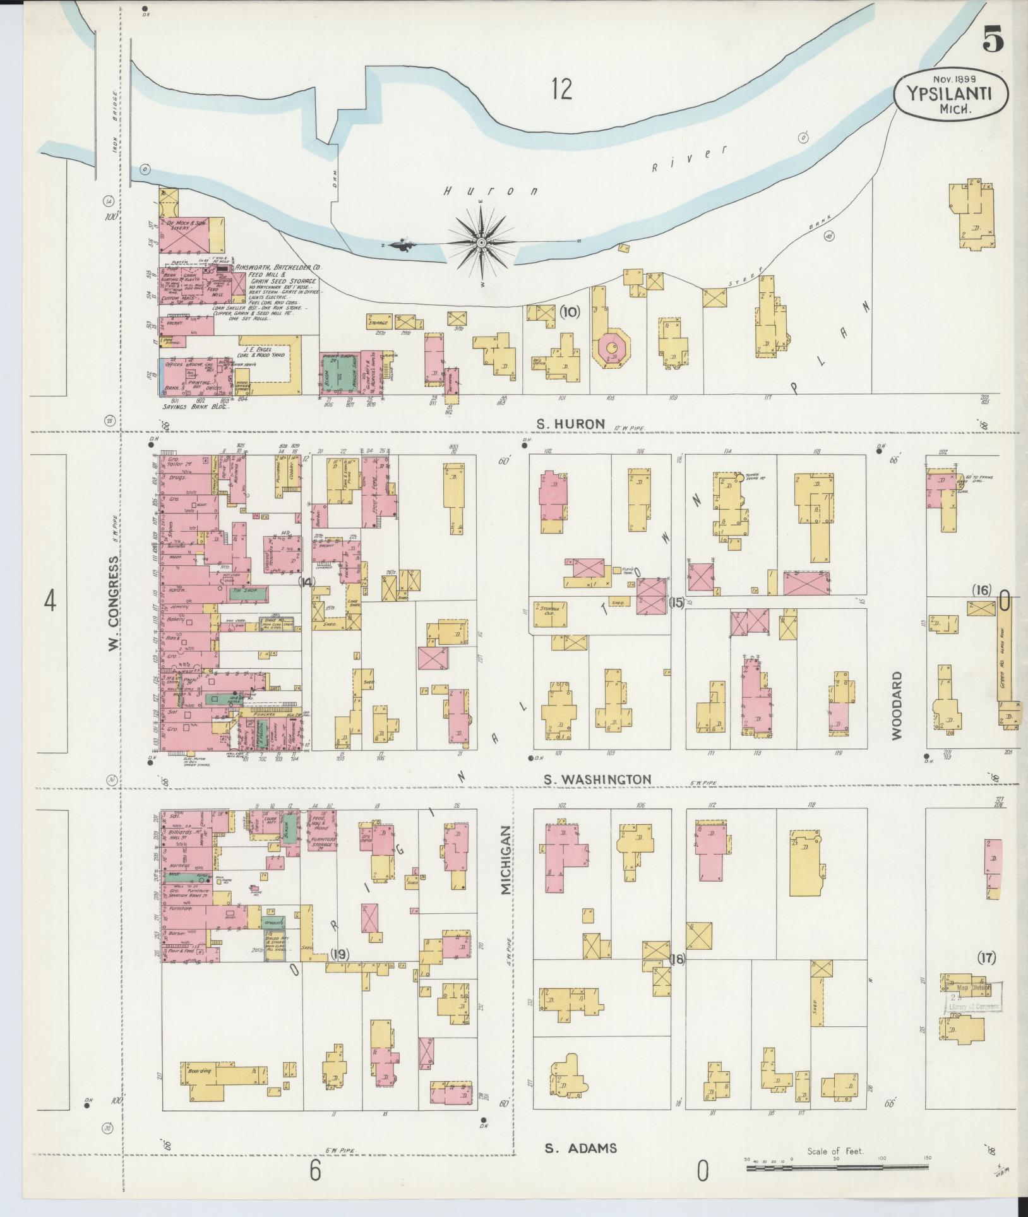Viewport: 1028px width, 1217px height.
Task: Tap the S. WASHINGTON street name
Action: coord(597,779)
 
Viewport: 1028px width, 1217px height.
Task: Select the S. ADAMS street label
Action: coord(580,1148)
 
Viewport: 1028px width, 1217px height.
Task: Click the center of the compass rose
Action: coord(481,243)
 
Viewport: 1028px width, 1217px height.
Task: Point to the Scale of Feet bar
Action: coord(836,1168)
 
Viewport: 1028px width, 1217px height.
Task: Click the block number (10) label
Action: coord(569,311)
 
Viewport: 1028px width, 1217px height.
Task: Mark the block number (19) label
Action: coord(340,973)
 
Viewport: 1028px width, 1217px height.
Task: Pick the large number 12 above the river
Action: coord(561,89)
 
